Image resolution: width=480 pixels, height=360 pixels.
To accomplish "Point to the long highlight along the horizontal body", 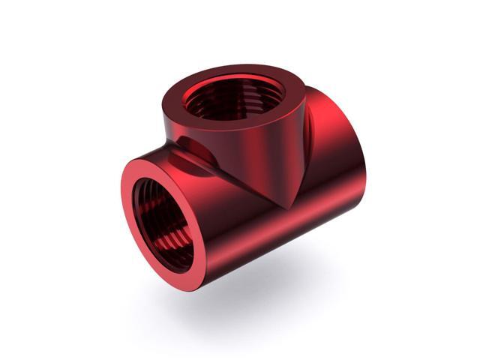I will coord(247,225).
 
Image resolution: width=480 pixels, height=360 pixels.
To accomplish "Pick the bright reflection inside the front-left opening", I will coord(154,247).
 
